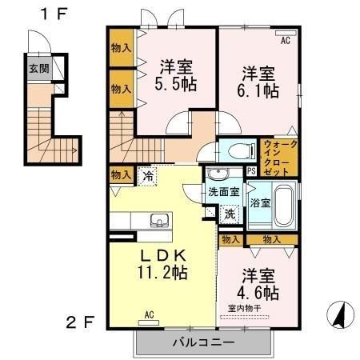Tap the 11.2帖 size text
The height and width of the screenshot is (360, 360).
[x=163, y=273]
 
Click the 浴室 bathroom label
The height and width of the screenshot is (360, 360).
[x=258, y=203]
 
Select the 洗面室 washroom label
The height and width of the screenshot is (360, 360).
[x=224, y=192]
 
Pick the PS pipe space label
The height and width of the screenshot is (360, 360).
[x=251, y=170]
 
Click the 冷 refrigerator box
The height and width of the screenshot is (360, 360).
[x=148, y=174]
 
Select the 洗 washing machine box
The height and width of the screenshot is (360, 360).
[x=230, y=214]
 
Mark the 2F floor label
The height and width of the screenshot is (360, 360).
[x=79, y=322]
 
